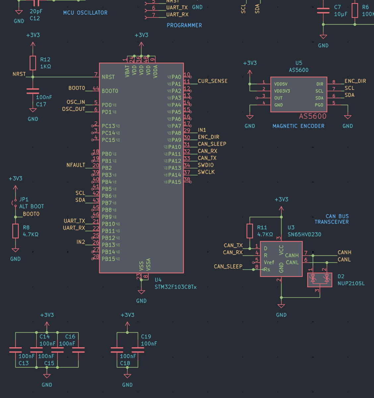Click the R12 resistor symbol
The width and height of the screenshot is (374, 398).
pyautogui.click(x=33, y=63)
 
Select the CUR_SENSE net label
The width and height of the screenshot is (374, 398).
pyautogui.click(x=213, y=81)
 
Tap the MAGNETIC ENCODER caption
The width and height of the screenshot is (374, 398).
pyautogui.click(x=298, y=126)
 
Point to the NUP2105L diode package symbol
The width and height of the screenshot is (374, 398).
pyautogui.click(x=320, y=280)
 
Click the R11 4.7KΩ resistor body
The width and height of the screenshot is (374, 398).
pyautogui.click(x=250, y=231)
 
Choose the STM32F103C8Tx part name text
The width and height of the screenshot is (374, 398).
pyautogui.click(x=175, y=287)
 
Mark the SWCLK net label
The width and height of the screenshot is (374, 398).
pyautogui.click(x=206, y=172)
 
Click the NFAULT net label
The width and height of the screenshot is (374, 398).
pyautogui.click(x=76, y=165)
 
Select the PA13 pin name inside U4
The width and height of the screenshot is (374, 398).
pyautogui.click(x=174, y=168)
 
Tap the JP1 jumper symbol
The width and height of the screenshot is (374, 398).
pyautogui.click(x=15, y=203)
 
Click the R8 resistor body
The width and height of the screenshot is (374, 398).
pyautogui.click(x=16, y=231)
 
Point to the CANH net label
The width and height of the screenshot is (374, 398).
pyautogui.click(x=344, y=252)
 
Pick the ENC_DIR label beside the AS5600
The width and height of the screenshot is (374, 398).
pyautogui.click(x=355, y=81)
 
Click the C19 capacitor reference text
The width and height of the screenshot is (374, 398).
pyautogui.click(x=146, y=337)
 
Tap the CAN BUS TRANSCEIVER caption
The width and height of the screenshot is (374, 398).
pyautogui.click(x=332, y=219)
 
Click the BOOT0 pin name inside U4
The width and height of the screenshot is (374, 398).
pyautogui.click(x=110, y=91)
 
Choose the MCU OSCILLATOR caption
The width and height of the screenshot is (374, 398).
pyautogui.click(x=85, y=13)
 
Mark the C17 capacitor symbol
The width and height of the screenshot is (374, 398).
pyautogui.click(x=33, y=91)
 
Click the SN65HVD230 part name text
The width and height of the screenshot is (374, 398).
pyautogui.click(x=304, y=234)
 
